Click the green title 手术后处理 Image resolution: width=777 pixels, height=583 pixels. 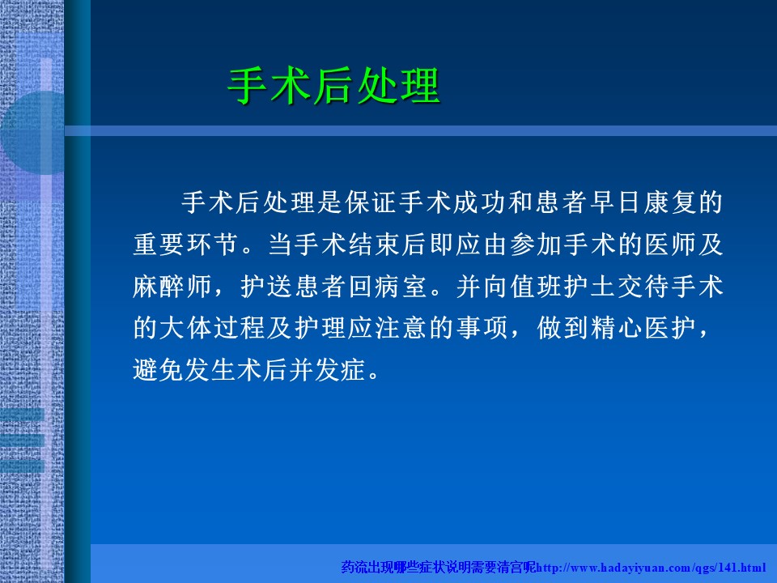334,86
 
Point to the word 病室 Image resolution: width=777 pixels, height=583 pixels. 401,287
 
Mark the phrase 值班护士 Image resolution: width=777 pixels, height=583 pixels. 562,287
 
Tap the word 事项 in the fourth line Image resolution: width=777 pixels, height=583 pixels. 482,328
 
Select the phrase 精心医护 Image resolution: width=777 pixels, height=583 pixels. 643,328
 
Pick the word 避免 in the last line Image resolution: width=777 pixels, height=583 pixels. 159,370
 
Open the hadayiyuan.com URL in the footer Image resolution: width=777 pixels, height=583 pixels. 651,568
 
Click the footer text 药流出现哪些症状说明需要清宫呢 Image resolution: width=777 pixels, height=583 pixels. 439,567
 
